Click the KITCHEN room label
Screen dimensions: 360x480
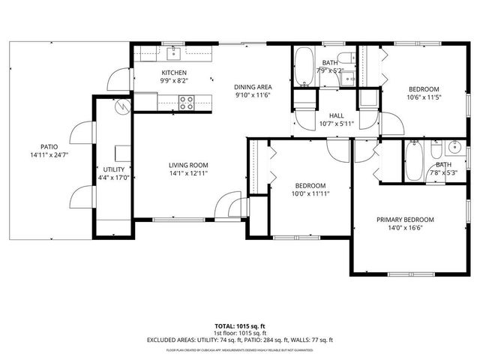(173, 73)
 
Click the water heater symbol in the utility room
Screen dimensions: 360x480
(121, 107)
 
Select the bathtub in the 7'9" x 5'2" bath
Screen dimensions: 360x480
(304, 67)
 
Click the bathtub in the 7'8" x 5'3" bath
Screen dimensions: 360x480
(415, 162)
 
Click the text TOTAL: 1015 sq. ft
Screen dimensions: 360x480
(240, 326)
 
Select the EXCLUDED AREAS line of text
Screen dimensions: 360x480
(240, 340)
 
